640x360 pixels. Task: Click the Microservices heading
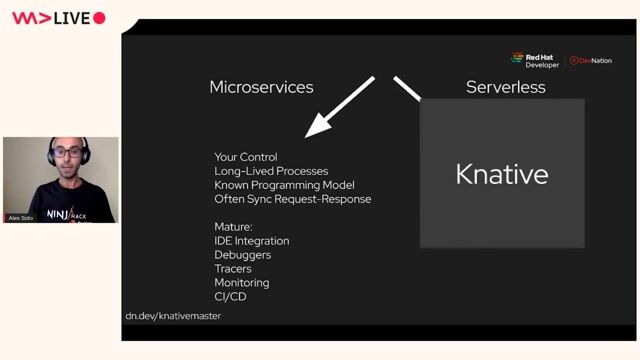point(261,87)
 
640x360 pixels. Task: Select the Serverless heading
point(505,87)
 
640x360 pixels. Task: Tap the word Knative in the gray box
point(501,174)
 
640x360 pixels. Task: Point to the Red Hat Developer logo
point(535,60)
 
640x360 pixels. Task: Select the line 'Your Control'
point(245,157)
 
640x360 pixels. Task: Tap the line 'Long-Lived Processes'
point(270,171)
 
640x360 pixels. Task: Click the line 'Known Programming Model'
point(284,185)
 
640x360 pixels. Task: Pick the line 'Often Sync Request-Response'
point(292,199)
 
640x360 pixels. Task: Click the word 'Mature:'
point(233,226)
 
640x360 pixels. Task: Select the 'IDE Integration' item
point(251,241)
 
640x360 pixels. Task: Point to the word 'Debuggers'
point(242,255)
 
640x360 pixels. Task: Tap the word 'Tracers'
point(233,269)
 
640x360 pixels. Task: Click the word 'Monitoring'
point(241,283)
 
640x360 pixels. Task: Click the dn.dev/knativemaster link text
point(173,316)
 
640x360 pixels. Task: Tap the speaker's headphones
point(83,151)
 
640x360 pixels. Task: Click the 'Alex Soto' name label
point(21,217)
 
